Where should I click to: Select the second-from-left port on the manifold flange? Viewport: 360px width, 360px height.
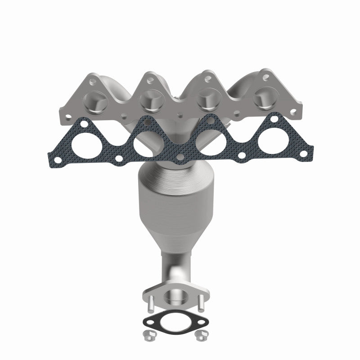(x=150, y=100)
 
